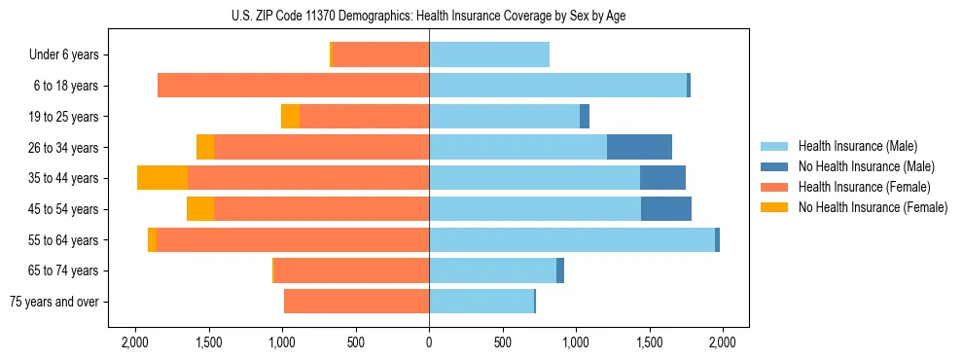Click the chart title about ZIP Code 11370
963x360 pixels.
click(429, 16)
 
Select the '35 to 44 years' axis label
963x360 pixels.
click(63, 178)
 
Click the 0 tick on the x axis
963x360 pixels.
click(429, 342)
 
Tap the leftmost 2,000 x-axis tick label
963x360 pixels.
click(134, 342)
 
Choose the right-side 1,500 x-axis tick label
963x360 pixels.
click(649, 342)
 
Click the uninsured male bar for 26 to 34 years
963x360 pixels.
click(639, 147)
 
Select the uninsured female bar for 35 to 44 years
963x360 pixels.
click(162, 178)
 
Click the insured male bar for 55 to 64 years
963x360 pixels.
click(572, 240)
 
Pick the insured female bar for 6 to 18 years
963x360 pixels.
click(293, 86)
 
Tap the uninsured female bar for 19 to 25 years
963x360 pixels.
click(290, 117)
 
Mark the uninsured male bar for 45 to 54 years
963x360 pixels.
click(666, 209)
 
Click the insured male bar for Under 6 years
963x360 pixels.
click(489, 55)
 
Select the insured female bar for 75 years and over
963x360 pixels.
click(356, 302)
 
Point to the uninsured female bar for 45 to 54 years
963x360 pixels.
click(200, 209)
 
